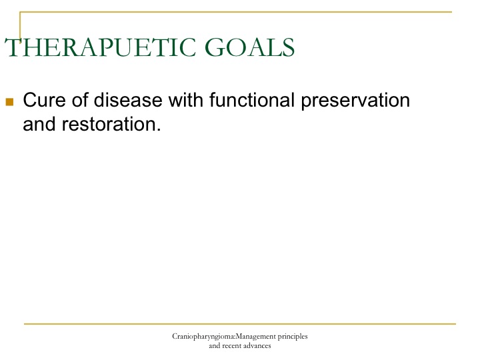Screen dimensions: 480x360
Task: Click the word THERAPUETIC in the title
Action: click(x=100, y=47)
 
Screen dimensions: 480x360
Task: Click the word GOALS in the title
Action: click(x=249, y=47)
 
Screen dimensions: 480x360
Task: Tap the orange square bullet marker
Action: click(x=9, y=101)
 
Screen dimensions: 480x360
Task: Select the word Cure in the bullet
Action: click(x=44, y=100)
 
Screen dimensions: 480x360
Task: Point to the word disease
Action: click(x=127, y=100)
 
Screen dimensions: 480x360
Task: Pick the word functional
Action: click(x=252, y=100)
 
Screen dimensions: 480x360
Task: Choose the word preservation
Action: click(x=355, y=101)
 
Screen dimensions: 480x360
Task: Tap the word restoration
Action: click(x=109, y=124)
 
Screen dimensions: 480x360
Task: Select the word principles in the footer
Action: click(x=293, y=337)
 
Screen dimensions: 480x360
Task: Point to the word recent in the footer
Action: click(x=232, y=346)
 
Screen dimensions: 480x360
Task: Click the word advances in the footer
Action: click(x=257, y=346)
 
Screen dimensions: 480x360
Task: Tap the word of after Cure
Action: click(x=79, y=100)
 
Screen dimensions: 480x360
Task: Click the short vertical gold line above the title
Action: click(x=20, y=25)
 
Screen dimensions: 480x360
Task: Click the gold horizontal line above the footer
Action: click(x=240, y=323)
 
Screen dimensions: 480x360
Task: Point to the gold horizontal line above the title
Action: click(x=236, y=12)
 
